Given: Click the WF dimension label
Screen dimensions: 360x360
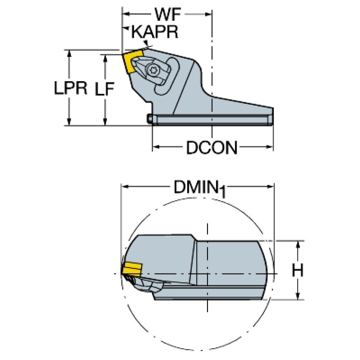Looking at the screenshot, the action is (169, 15).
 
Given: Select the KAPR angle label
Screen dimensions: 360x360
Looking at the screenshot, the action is (155, 32).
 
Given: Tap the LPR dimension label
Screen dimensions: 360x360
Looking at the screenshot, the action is (70, 88).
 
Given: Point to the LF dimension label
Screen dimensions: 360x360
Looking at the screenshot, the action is (105, 89).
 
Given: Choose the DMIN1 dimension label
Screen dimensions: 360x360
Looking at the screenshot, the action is (200, 189).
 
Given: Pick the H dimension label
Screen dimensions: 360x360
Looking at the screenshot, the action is (298, 270).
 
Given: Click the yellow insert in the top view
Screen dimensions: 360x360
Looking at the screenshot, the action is (133, 62).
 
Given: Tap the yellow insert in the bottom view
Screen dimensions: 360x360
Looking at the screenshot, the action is (132, 269).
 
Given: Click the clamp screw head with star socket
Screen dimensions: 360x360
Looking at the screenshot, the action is (153, 69).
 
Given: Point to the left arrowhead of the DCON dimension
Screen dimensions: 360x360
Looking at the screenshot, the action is (156, 147).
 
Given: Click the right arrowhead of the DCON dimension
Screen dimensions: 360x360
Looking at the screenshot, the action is (269, 147).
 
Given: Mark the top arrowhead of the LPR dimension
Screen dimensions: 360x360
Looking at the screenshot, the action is (69, 54).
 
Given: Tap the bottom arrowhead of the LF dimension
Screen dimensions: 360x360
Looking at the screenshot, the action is (105, 122).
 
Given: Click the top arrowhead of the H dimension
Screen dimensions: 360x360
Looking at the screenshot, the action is (298, 245).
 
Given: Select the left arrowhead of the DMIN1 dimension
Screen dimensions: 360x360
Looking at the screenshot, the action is (125, 186).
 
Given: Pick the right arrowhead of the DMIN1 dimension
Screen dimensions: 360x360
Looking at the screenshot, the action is (270, 186).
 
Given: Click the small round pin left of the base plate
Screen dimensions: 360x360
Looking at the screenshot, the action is (150, 119).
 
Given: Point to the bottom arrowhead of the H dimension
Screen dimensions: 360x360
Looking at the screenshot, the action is (298, 296).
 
